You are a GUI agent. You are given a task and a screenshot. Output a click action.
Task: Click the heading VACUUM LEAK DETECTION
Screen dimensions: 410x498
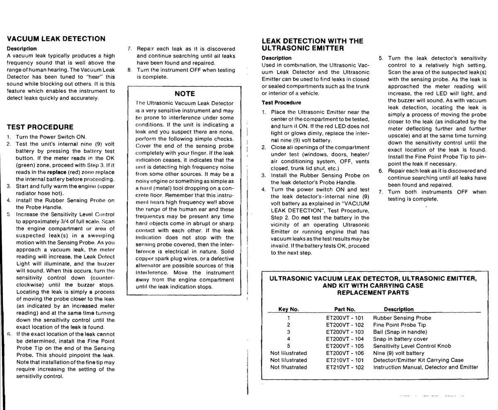tap(56, 39)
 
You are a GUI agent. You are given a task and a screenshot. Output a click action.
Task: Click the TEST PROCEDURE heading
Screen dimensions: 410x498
tap(40, 127)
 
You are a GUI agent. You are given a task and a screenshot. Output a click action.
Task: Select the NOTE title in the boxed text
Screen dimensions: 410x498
tap(185, 94)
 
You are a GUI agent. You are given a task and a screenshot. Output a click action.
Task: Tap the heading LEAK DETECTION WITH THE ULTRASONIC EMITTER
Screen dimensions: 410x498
tap(312, 44)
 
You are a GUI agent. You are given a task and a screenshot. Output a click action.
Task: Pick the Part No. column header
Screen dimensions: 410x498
tap(344, 309)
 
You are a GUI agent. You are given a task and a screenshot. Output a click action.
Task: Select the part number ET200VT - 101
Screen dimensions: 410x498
tap(344, 318)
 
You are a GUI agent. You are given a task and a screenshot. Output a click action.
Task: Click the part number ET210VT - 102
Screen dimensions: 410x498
tap(344, 367)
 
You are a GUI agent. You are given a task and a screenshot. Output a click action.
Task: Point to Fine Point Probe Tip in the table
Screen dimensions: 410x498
tap(399, 325)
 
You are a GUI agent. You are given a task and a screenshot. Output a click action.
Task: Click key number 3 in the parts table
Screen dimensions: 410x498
tap(288, 332)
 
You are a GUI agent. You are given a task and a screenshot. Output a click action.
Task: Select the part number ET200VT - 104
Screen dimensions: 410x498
tap(344, 339)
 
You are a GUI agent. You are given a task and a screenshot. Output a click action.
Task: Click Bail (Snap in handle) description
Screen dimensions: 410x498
tap(400, 332)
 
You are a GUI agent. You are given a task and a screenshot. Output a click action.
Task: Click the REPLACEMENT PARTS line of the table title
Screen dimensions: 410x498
tap(373, 293)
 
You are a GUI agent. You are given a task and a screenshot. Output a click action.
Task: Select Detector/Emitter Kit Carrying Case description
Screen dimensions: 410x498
tap(418, 360)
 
